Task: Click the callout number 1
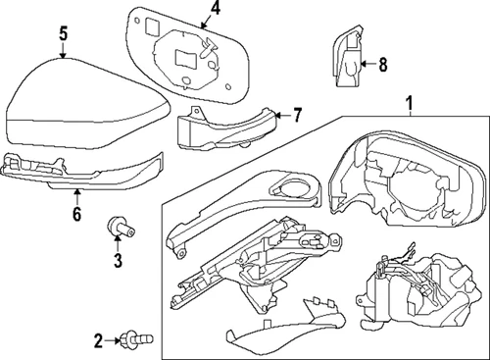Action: tap(409, 100)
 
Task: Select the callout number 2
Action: tap(98, 339)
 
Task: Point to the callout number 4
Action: tap(215, 11)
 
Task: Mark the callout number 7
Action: tap(299, 114)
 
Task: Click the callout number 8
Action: tap(382, 65)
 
